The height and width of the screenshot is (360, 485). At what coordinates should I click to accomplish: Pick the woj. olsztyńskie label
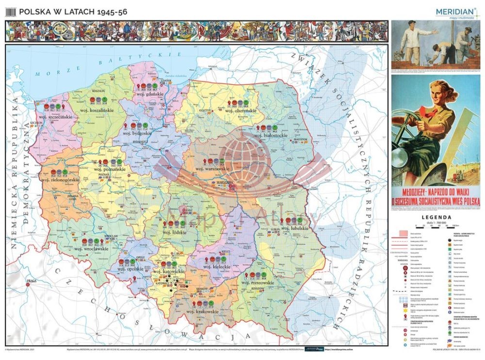(240, 110)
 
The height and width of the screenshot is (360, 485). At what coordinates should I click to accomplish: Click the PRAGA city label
(32, 281)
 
